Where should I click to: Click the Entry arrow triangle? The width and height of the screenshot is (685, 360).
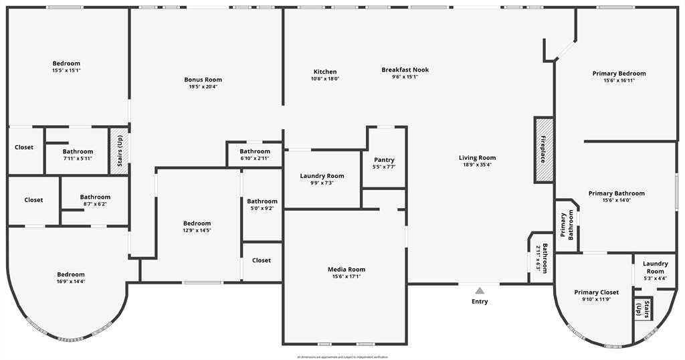coord(480,290)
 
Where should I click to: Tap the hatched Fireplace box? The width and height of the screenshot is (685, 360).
coord(543,150)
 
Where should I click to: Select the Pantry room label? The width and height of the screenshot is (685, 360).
coord(384,160)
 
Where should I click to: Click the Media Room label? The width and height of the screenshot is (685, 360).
coord(347,270)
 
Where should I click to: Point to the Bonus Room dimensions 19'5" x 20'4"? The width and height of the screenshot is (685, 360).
coord(203,86)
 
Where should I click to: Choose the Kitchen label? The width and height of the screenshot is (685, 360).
coord(325,72)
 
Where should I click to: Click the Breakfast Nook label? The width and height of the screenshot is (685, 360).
coord(405,70)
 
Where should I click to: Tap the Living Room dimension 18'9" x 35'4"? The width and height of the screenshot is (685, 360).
coord(477,165)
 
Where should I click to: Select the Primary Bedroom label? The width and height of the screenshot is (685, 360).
coord(619,74)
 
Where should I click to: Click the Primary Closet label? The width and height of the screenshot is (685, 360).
coord(596,292)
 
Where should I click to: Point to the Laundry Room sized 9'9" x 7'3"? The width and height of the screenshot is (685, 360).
coord(322,176)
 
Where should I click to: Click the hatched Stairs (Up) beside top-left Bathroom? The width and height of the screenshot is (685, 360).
coord(119,151)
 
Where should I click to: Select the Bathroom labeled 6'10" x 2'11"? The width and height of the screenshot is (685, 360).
coord(255,151)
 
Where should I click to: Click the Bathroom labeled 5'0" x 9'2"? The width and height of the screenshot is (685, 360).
coord(262,201)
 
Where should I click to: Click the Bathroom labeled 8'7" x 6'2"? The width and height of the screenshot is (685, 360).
coord(95,197)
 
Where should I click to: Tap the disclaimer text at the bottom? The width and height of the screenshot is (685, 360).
coord(342,357)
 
